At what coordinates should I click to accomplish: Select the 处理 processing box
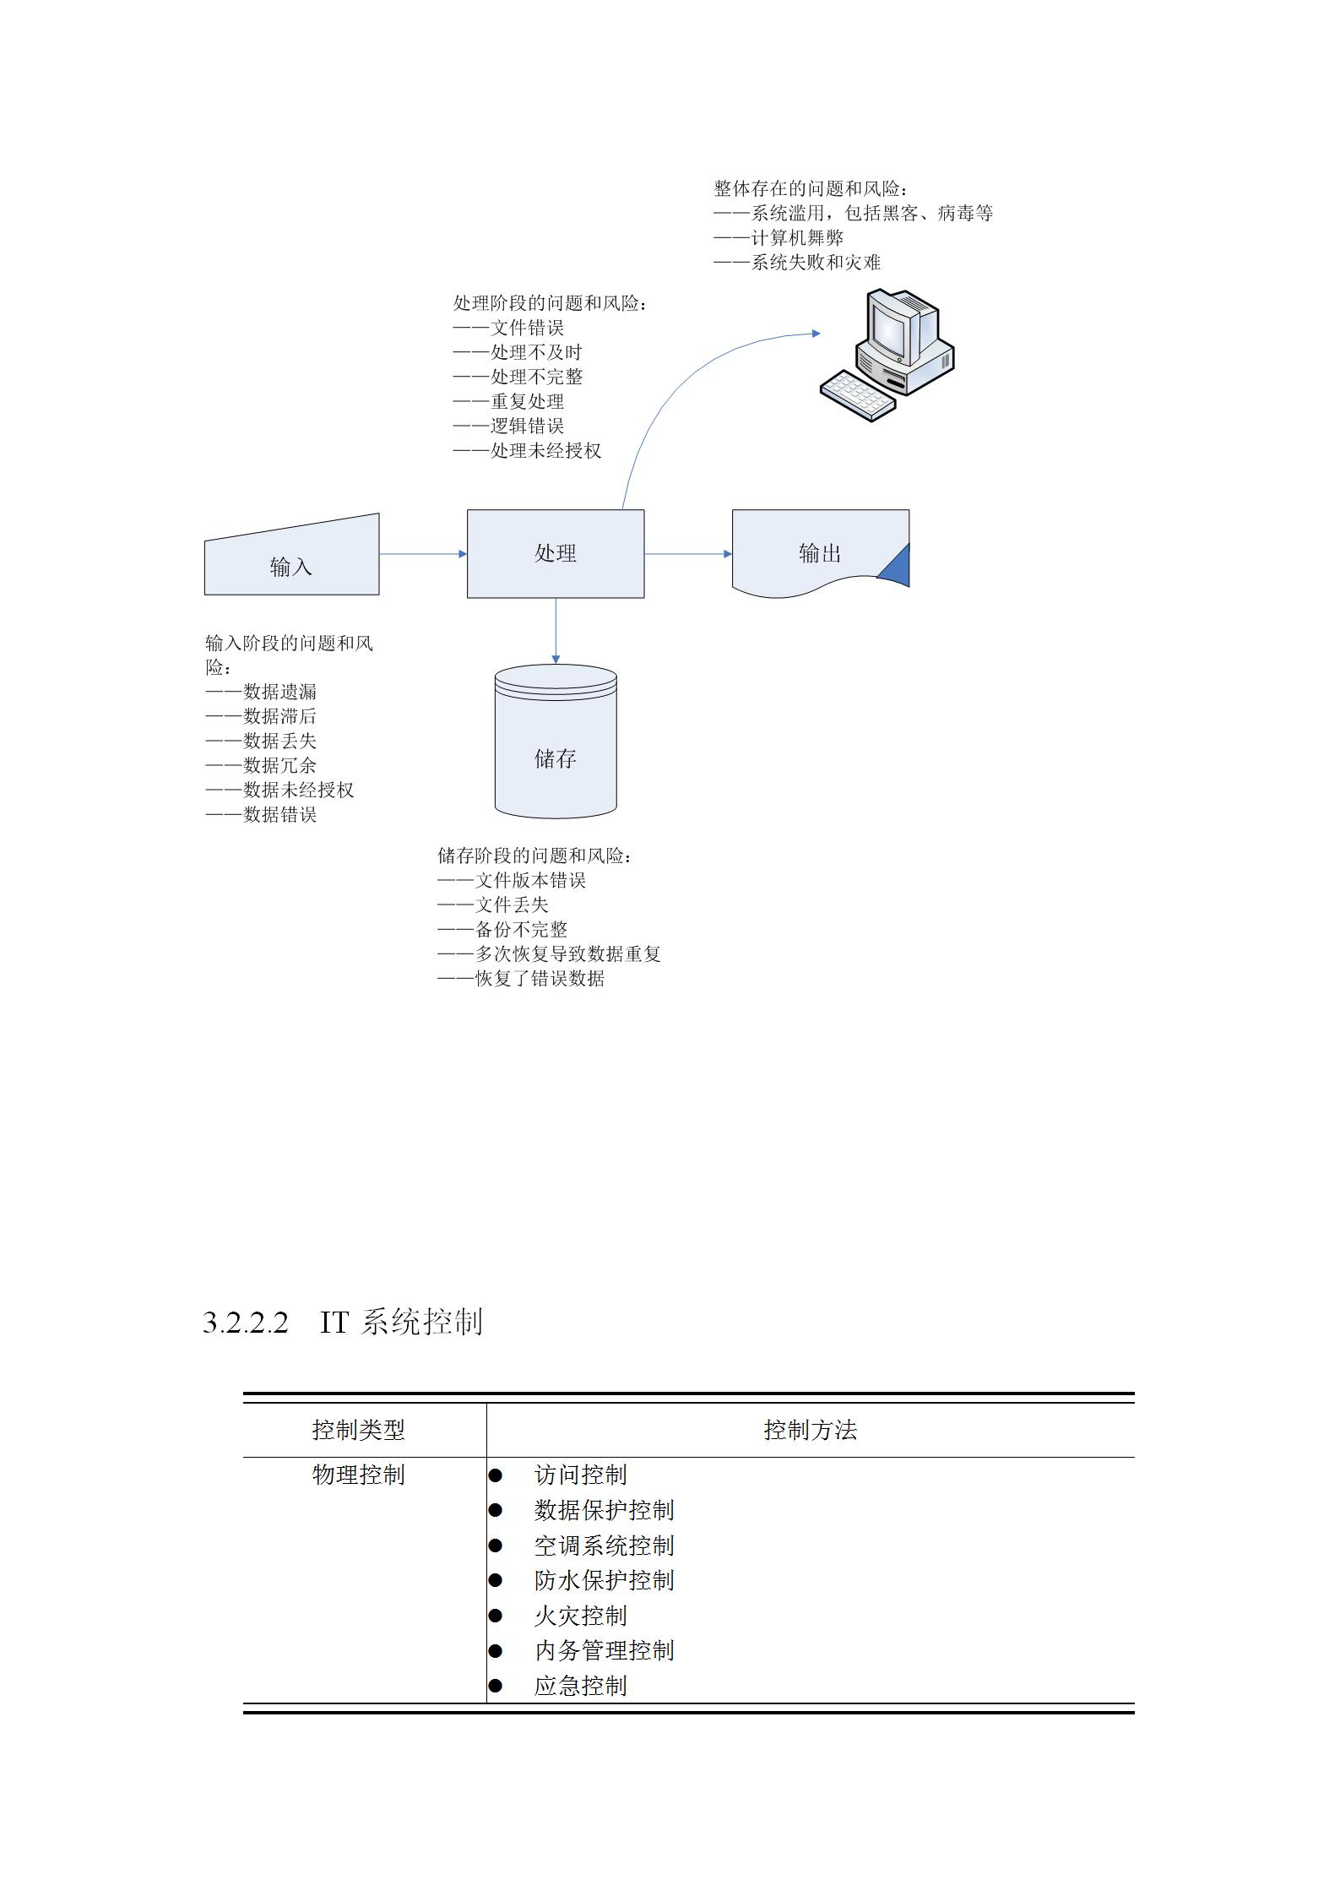coord(556,553)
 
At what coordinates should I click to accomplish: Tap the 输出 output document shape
coord(820,552)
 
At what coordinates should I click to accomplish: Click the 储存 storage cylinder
coord(556,742)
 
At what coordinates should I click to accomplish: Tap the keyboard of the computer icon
coord(857,395)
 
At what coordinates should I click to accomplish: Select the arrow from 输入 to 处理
coord(423,554)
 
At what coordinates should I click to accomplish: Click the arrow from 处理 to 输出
coord(688,554)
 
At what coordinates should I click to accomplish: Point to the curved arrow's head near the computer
coord(816,334)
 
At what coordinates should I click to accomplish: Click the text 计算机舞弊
coord(798,238)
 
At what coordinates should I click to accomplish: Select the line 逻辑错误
coord(528,426)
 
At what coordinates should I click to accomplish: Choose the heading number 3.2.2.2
coord(246,1323)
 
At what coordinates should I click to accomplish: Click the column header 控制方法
coord(811,1430)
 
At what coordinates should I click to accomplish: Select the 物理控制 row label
coord(359,1475)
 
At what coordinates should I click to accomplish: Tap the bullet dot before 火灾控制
coord(496,1616)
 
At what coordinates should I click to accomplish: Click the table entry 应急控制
coord(581,1686)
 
